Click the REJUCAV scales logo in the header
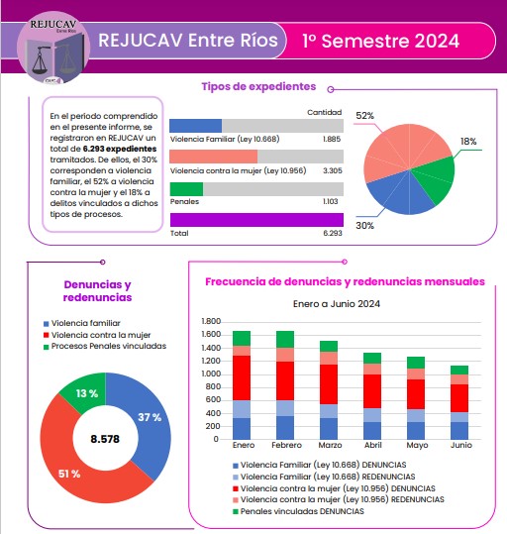[x=53, y=48]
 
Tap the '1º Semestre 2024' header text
[x=380, y=41]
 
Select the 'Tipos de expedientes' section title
[x=258, y=86]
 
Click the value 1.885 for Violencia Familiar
[x=332, y=139]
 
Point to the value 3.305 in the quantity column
[x=333, y=170]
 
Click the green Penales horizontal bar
[x=186, y=189]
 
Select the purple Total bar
[x=256, y=220]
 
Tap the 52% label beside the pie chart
[x=365, y=116]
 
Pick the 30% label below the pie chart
[x=365, y=226]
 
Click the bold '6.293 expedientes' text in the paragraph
[x=120, y=149]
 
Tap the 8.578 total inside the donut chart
[x=105, y=439]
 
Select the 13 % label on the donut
[x=87, y=393]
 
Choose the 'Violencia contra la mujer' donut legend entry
[x=97, y=335]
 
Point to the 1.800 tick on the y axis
[x=211, y=321]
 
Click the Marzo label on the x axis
[x=330, y=445]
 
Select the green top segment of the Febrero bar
[x=285, y=339]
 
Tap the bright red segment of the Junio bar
[x=459, y=398]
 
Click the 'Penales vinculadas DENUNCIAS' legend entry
[x=298, y=511]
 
